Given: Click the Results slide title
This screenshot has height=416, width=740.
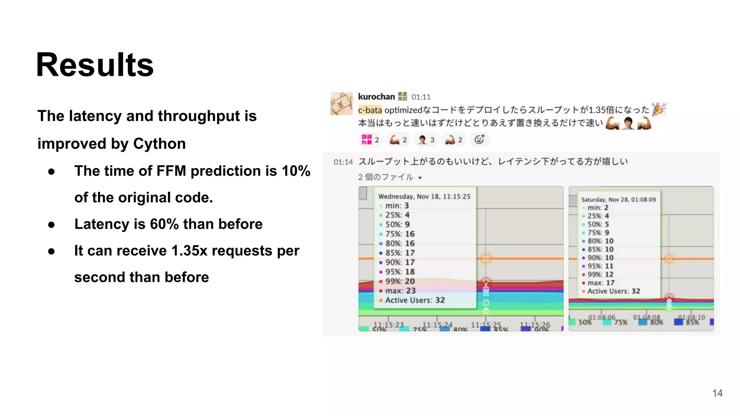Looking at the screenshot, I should point(95,65).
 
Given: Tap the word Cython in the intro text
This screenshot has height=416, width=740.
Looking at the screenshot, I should point(159,144).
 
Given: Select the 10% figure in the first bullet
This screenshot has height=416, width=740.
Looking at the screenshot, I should point(296,171).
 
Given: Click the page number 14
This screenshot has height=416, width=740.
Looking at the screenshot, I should point(717,393).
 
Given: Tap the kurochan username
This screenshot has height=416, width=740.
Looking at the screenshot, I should point(376,97).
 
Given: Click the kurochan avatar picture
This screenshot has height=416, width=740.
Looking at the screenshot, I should point(341,104).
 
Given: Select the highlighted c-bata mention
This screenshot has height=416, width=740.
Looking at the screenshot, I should point(370,110).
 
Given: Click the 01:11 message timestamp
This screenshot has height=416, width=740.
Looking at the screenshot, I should point(421,97).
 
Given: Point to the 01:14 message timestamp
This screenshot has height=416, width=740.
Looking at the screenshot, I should point(343,162).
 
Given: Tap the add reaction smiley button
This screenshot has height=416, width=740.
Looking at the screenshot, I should point(479,139).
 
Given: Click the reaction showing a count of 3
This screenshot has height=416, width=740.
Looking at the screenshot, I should point(426,140).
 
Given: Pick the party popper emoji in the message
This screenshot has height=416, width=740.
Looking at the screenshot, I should point(659,109).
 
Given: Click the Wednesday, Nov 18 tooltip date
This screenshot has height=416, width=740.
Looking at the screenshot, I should point(424,196).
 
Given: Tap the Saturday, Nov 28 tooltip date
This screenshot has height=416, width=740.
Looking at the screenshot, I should point(618,200).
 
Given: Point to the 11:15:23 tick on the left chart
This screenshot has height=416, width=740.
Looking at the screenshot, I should point(388,325).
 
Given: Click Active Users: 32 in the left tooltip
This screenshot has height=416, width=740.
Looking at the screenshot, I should point(415,300).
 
